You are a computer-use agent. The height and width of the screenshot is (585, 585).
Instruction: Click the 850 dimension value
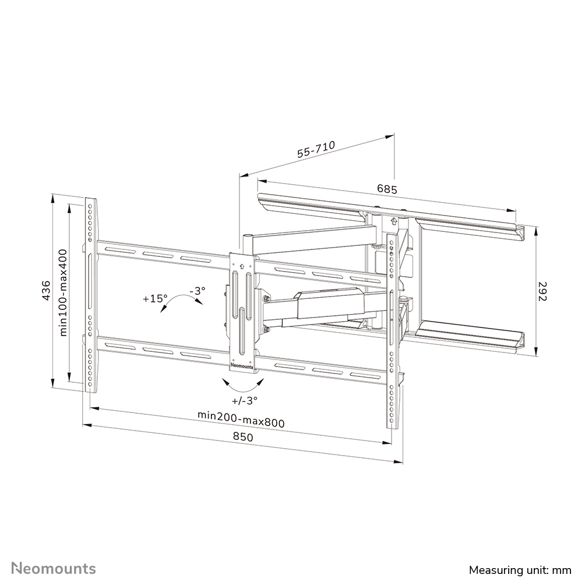[244, 438]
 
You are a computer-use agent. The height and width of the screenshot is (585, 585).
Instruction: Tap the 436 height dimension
[47, 290]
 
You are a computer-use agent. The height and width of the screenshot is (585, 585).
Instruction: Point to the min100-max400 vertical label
[64, 292]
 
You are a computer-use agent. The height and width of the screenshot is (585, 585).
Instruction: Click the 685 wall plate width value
[386, 189]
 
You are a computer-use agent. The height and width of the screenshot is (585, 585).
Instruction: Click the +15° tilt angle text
[155, 298]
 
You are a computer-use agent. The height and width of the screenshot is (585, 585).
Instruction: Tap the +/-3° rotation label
[244, 400]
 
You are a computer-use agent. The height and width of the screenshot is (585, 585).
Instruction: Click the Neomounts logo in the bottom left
[54, 568]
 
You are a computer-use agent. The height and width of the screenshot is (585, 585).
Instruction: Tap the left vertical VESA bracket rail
[90, 295]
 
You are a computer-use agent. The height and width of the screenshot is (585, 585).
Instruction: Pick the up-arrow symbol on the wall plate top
[393, 221]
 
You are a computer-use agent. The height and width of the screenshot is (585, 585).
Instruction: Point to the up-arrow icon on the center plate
[242, 263]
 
